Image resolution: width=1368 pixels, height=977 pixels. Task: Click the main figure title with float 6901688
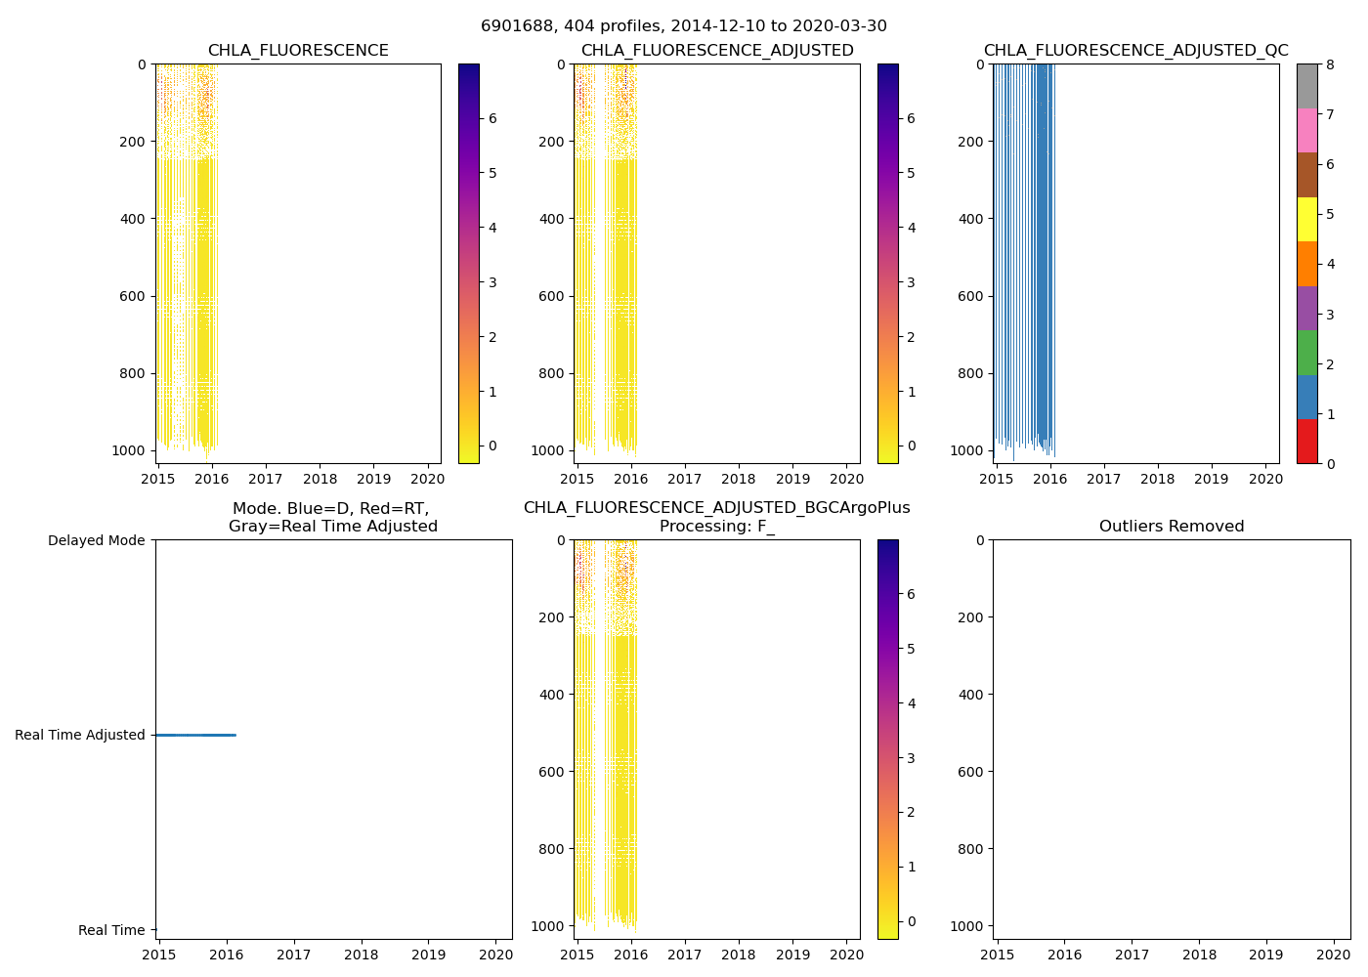tap(683, 26)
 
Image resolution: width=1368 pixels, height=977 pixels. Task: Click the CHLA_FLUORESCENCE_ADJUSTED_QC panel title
tap(1135, 51)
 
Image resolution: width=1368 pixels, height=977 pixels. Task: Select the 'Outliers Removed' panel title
tap(1171, 527)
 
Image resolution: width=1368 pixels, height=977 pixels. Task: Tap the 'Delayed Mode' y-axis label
tap(96, 540)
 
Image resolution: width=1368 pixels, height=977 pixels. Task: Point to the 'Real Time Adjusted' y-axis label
tap(79, 735)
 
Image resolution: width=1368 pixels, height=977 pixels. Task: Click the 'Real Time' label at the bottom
tap(111, 930)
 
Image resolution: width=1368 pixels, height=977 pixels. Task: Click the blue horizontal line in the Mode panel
tap(195, 735)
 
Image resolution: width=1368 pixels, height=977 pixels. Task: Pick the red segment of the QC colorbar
tap(1306, 441)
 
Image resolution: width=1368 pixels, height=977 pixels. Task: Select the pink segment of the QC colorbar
tap(1306, 130)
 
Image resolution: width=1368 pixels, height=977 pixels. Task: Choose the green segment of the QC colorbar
tap(1306, 352)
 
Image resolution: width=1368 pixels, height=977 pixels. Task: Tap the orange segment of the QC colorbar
tap(1306, 264)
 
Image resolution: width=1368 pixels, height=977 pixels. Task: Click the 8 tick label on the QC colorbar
tap(1329, 64)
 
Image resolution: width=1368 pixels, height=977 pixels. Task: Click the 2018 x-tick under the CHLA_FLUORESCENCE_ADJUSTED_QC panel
tap(1157, 479)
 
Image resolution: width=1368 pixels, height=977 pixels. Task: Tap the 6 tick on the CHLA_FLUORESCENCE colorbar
tap(492, 118)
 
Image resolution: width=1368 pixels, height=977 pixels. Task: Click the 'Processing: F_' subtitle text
tap(716, 527)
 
